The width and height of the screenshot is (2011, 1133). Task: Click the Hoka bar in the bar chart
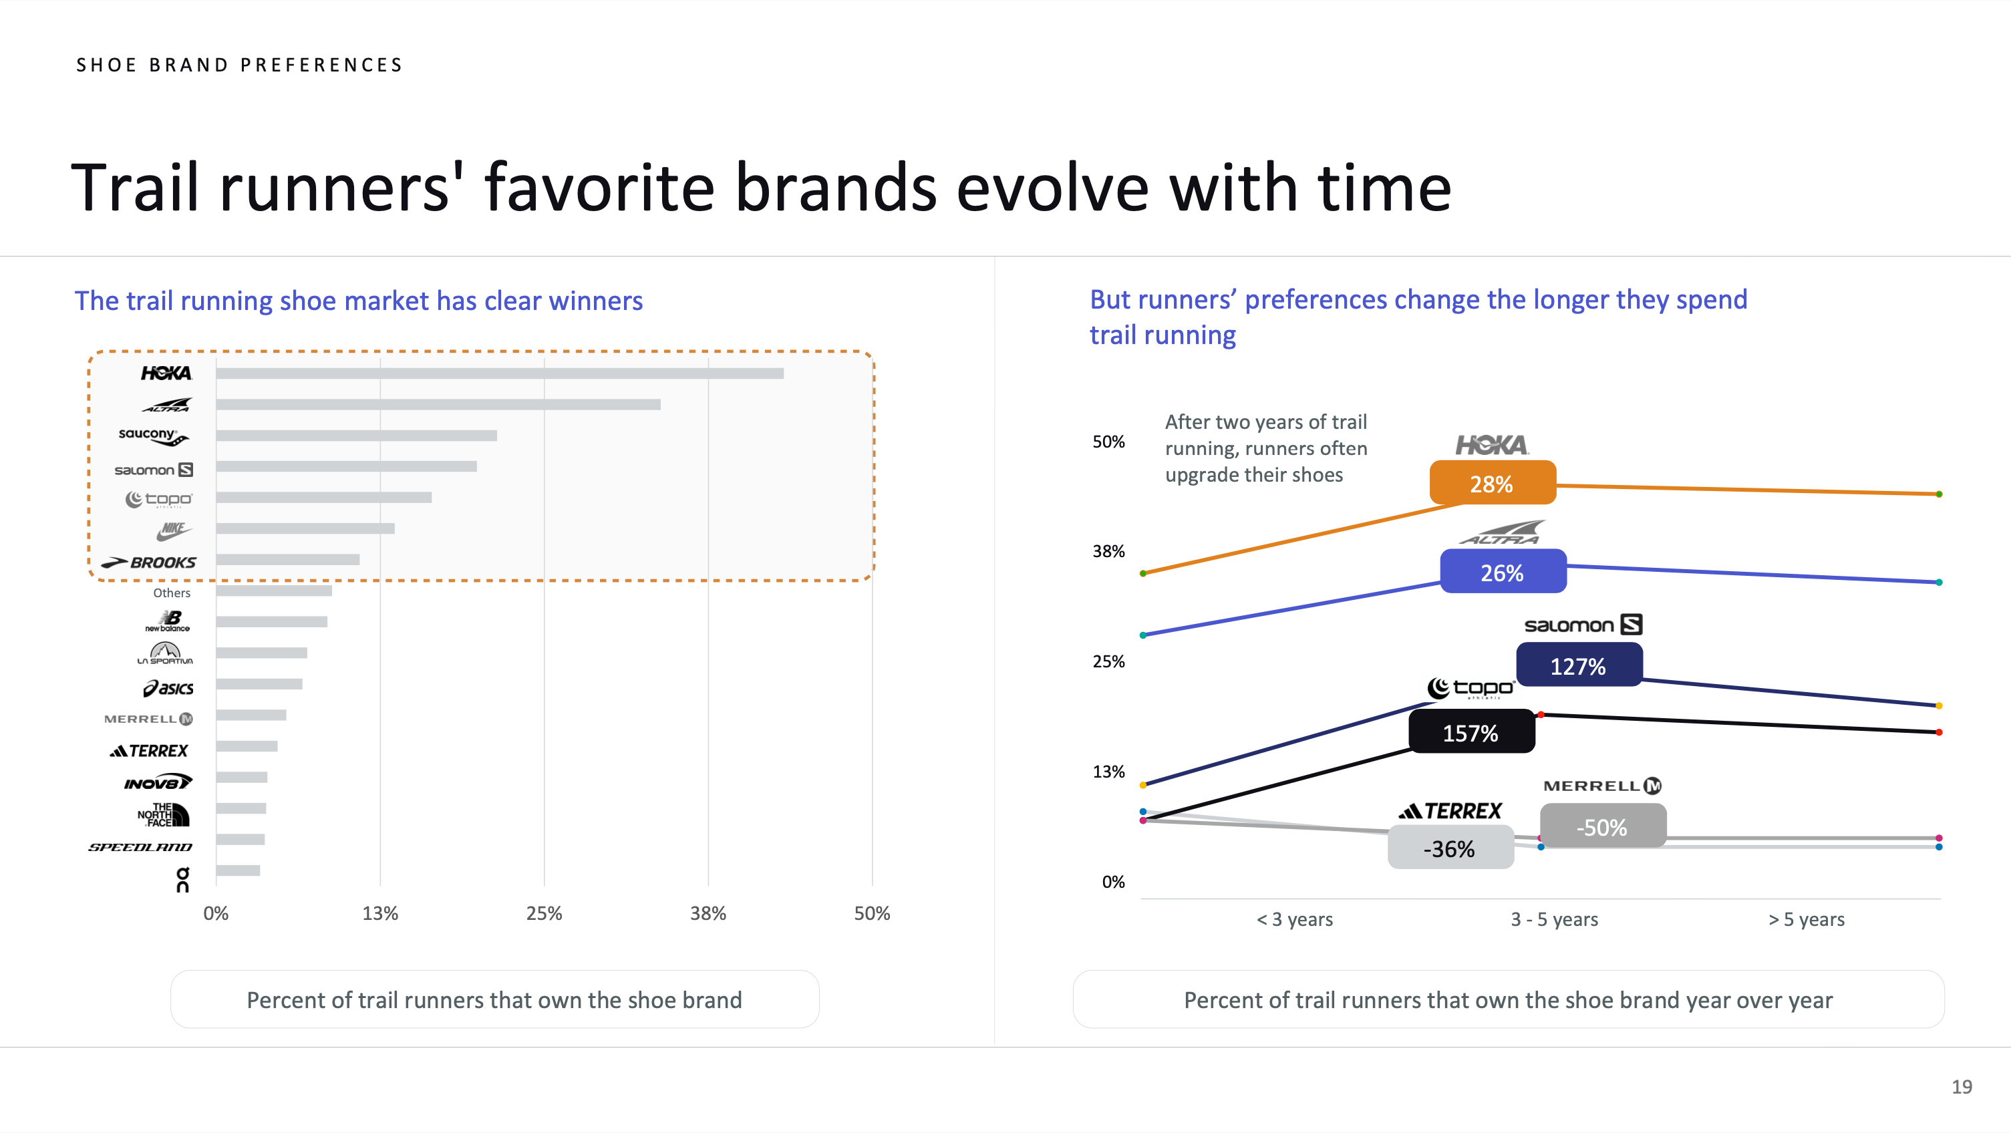(500, 373)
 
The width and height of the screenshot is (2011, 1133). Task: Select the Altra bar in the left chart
(438, 404)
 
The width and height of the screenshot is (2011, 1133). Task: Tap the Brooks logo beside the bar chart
(148, 562)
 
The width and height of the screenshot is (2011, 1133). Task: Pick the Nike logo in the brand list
(173, 531)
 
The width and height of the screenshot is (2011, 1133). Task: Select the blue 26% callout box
(1503, 572)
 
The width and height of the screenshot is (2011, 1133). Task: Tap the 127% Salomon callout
(1579, 665)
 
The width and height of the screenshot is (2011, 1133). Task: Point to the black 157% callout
(1471, 732)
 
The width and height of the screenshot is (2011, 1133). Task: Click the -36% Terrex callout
(1450, 848)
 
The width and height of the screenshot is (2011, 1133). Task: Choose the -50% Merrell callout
(1603, 826)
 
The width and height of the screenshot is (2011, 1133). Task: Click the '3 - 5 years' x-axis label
(1554, 919)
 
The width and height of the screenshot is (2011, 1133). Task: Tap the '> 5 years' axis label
(1807, 919)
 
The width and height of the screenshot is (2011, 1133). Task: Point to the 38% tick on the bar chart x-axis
(708, 913)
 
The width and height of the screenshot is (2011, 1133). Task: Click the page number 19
(1962, 1086)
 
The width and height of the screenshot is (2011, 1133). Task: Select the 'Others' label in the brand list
(172, 593)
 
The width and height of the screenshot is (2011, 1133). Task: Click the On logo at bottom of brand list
(182, 878)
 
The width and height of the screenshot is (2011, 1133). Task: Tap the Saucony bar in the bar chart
(357, 436)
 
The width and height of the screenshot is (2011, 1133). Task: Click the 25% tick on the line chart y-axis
(1108, 661)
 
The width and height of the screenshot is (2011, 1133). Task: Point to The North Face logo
(163, 814)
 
